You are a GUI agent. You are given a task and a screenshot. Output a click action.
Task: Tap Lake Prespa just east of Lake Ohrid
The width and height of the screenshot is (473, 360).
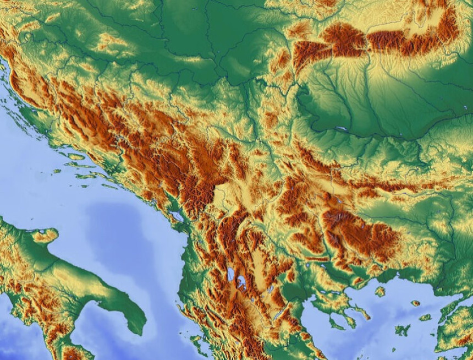click(x=241, y=283)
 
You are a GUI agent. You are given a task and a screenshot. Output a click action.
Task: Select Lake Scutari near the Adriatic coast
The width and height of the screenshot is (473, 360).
click(x=177, y=216)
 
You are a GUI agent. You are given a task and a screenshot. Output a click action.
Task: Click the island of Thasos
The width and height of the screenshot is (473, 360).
click(x=380, y=291)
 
